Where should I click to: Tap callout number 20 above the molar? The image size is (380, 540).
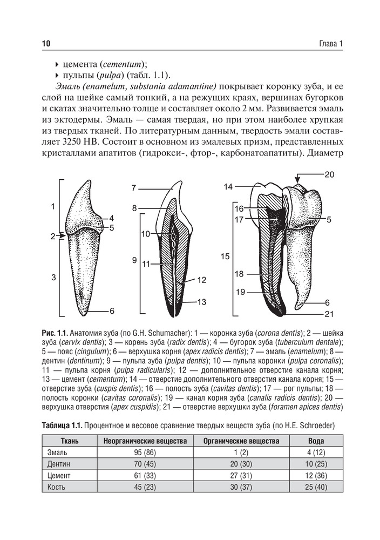[330, 174]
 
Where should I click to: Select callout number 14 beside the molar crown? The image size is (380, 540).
[228, 186]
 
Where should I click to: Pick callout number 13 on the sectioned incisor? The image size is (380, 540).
[201, 302]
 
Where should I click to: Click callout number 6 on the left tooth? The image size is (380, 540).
[112, 311]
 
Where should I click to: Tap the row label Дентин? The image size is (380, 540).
[59, 464]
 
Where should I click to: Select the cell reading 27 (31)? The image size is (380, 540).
[241, 476]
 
